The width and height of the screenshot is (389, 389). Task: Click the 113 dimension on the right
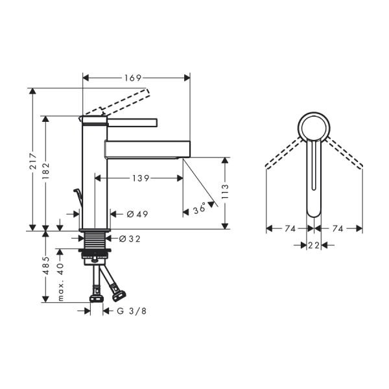click(225, 192)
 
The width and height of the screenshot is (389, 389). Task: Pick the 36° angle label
click(199, 209)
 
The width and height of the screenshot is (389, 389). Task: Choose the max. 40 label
click(60, 277)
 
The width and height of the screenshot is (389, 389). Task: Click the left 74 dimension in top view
click(289, 228)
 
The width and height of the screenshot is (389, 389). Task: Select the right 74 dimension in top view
click(338, 228)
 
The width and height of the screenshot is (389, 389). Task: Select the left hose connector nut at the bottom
click(96, 299)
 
